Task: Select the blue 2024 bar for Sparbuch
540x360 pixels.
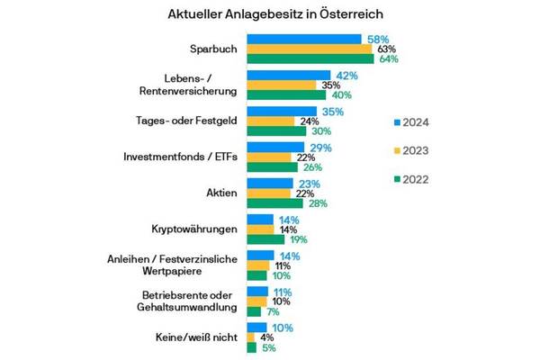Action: pyautogui.click(x=304, y=40)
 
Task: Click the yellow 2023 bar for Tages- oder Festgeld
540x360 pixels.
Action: pyautogui.click(x=270, y=121)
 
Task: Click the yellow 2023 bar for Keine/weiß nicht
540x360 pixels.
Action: pyautogui.click(x=251, y=338)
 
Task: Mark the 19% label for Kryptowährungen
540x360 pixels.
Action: pyautogui.click(x=299, y=240)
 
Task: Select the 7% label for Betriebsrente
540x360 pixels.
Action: pyautogui.click(x=273, y=311)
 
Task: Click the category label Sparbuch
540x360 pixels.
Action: pyautogui.click(x=212, y=49)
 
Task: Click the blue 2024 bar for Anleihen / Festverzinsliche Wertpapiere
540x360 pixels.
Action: pyautogui.click(x=260, y=256)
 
